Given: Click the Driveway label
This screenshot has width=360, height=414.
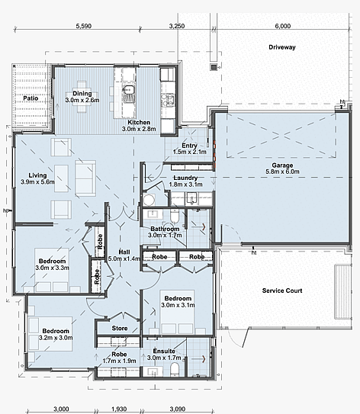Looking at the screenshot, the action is pyautogui.click(x=281, y=47).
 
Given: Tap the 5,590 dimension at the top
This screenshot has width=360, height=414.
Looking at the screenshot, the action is pyautogui.click(x=83, y=26).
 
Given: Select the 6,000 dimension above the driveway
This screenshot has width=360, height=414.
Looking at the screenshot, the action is pyautogui.click(x=283, y=26).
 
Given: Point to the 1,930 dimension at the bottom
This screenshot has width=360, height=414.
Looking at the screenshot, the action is pyautogui.click(x=119, y=409).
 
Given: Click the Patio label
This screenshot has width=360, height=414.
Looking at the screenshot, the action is pyautogui.click(x=31, y=98).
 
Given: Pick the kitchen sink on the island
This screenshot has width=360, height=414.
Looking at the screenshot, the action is pyautogui.click(x=129, y=94).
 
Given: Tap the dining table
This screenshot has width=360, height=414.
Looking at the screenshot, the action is pyautogui.click(x=82, y=97).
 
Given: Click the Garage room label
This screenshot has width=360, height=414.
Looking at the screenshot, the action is pyautogui.click(x=282, y=165).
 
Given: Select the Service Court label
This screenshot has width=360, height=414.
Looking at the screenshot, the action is pyautogui.click(x=282, y=290).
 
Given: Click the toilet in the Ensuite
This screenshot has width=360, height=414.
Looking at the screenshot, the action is pyautogui.click(x=175, y=368).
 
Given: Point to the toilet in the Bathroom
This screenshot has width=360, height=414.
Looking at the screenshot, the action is pyautogui.click(x=175, y=216).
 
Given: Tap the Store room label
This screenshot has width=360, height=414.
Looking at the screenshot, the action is pyautogui.click(x=120, y=328).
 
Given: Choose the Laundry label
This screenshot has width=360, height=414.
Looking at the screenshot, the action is pyautogui.click(x=185, y=178).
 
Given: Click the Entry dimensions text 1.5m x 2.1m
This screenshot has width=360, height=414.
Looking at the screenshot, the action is pyautogui.click(x=190, y=152).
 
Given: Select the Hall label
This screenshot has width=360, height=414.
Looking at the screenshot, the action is pyautogui.click(x=124, y=252).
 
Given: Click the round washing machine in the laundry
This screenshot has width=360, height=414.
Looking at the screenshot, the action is pyautogui.click(x=149, y=200).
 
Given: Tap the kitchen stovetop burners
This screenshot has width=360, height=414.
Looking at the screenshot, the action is pyautogui.click(x=168, y=100).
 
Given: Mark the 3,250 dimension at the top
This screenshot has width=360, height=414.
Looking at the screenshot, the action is pyautogui.click(x=177, y=26).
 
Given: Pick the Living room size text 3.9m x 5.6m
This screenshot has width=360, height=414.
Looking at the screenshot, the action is pyautogui.click(x=37, y=182).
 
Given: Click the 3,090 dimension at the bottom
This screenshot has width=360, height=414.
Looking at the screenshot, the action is pyautogui.click(x=177, y=409).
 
